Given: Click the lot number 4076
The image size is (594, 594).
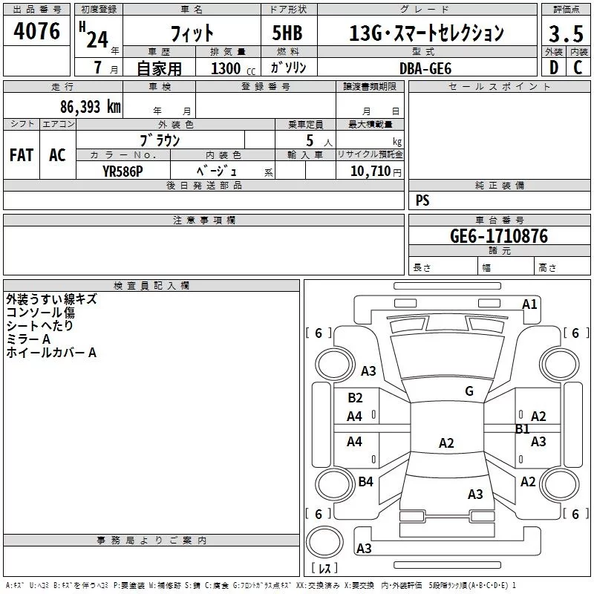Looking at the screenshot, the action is [x=36, y=30].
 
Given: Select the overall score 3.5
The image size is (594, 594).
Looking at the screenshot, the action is [x=566, y=33].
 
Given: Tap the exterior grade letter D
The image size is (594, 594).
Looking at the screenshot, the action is [x=554, y=68].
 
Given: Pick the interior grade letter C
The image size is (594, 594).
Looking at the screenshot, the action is [x=578, y=68].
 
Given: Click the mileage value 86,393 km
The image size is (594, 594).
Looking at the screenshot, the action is [x=90, y=106].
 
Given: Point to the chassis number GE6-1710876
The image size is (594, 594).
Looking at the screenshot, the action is [x=499, y=236].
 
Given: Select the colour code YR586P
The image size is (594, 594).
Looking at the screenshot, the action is [x=123, y=172].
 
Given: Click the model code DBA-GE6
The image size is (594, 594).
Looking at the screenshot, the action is [x=425, y=68].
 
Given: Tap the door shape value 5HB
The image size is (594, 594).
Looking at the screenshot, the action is [x=287, y=33].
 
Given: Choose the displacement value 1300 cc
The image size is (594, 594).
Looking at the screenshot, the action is [x=233, y=68].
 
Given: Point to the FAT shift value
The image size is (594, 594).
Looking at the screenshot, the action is [x=22, y=155].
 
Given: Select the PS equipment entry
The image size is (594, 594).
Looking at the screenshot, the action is [x=422, y=200].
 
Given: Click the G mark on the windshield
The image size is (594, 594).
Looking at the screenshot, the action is [x=469, y=391].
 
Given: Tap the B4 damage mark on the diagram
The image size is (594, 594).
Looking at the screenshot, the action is [x=365, y=481].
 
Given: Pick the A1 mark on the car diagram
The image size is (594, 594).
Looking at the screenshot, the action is [x=529, y=304].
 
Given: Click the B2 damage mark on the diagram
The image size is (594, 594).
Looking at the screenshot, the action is [x=355, y=398].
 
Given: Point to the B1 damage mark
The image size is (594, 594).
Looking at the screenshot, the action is [x=523, y=429].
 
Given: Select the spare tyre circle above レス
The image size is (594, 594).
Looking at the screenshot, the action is [x=324, y=542].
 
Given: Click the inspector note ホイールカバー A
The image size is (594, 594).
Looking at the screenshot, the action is [x=51, y=353].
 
